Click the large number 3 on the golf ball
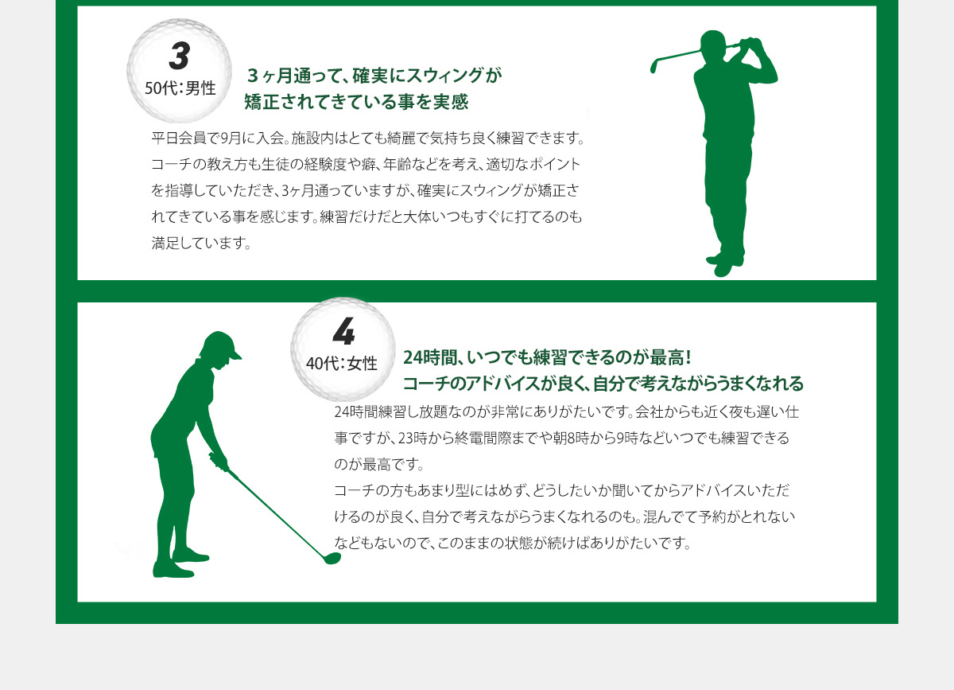(x=180, y=56)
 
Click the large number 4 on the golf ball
(x=343, y=331)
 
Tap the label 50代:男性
(x=180, y=88)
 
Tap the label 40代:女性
(x=342, y=364)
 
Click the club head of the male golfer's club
(x=653, y=67)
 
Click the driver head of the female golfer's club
(x=332, y=558)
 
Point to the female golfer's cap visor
(x=235, y=355)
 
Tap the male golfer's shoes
(x=724, y=265)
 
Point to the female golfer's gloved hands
(x=219, y=462)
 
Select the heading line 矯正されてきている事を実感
(x=356, y=102)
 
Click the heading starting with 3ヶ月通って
(x=374, y=76)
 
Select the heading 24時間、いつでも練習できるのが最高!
(x=547, y=358)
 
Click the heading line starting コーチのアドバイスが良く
(x=603, y=384)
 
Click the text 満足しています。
(x=201, y=243)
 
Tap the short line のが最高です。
(x=378, y=464)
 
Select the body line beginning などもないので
(x=512, y=543)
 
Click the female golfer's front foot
(x=190, y=555)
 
